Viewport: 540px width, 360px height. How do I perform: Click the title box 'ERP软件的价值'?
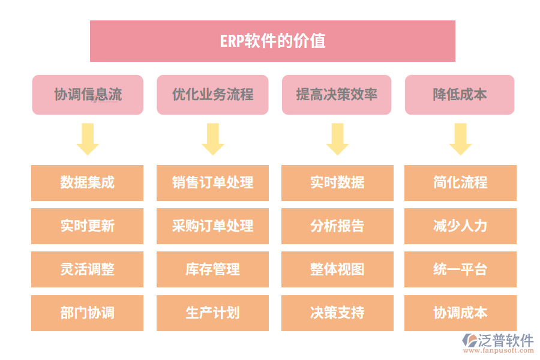272,41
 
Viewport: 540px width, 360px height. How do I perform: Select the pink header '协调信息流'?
88,95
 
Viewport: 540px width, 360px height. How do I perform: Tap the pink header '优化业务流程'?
212,95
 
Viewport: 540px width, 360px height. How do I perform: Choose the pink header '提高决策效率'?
337,95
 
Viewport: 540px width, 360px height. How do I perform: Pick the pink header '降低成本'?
460,95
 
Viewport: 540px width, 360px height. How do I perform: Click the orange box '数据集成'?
88,183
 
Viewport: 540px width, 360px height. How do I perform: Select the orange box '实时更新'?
88,226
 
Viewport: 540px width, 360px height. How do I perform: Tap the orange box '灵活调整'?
88,269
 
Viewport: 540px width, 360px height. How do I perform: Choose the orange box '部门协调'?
88,313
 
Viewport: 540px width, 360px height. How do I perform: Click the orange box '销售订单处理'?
212,183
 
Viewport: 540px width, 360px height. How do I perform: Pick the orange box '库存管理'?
212,269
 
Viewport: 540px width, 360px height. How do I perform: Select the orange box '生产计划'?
212,313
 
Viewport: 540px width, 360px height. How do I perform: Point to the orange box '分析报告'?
337,226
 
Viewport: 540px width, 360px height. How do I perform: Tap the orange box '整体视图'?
337,269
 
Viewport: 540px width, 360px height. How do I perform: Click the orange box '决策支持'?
337,313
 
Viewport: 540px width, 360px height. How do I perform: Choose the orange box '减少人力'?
460,226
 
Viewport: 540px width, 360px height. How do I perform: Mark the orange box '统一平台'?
460,269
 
